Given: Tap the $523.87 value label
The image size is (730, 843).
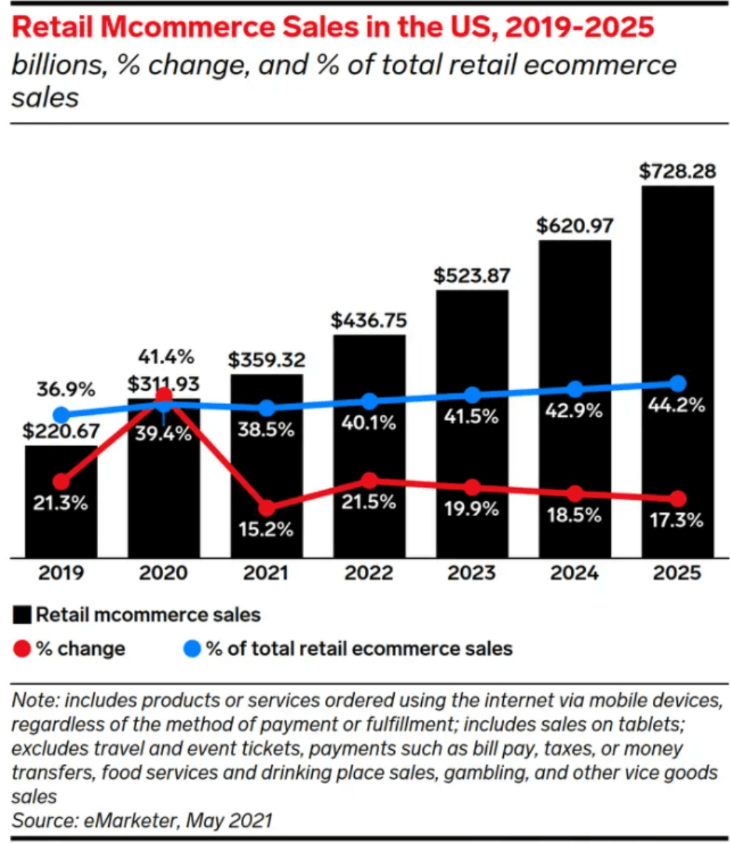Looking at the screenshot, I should (471, 276).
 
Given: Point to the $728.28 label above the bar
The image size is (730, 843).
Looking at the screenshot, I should (677, 171).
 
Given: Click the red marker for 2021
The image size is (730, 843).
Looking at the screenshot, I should (267, 508).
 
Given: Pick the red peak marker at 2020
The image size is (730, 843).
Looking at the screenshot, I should (163, 396).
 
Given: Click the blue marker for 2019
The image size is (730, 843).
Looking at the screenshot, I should (61, 415).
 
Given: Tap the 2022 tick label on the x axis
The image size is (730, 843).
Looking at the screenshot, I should (368, 573).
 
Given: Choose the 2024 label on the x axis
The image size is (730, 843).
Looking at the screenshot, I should (574, 573).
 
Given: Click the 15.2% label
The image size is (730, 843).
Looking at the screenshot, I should (265, 529).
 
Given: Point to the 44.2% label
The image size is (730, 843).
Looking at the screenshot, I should (677, 406).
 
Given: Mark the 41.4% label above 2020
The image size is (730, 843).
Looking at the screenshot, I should (166, 357).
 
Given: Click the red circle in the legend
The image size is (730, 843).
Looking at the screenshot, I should (22, 649).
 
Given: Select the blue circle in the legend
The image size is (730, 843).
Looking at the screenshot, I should (192, 649).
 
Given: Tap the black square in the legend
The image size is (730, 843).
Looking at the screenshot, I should (22, 615).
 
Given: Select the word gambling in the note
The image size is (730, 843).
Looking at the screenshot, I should (486, 772).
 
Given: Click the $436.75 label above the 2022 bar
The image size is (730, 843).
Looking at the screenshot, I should (368, 320).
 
